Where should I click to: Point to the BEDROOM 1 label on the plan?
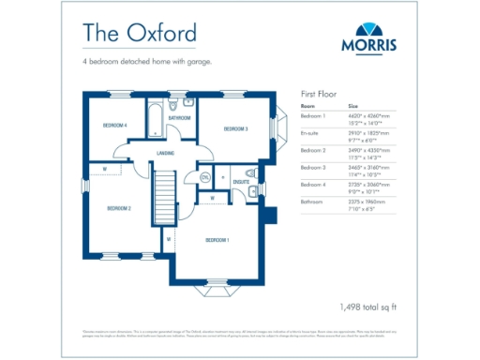point(217,240)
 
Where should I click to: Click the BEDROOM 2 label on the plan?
point(118,208)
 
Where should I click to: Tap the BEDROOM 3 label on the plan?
point(235,128)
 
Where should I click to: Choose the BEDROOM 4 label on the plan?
point(114,125)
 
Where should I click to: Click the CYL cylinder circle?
point(205,177)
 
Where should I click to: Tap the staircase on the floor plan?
point(165,197)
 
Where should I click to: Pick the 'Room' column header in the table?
point(307,107)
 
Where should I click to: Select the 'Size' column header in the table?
point(353,107)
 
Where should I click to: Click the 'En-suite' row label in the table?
point(310,133)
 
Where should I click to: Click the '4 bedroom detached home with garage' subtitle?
point(147,63)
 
